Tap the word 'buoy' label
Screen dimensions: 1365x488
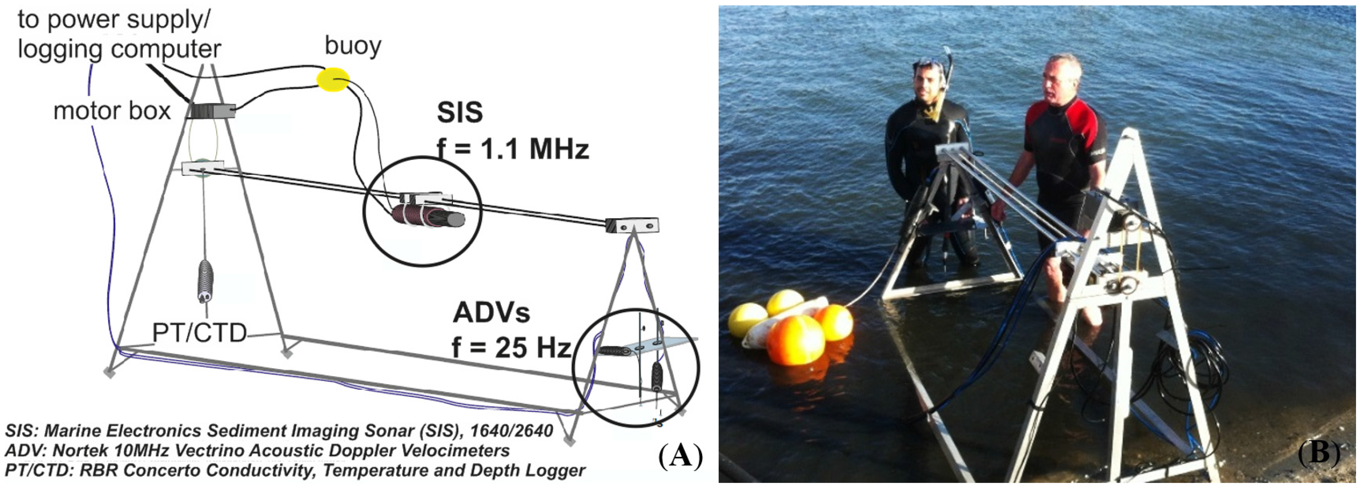point(353,46)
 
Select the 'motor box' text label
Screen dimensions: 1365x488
point(112,111)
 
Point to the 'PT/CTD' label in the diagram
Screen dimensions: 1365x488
point(199,333)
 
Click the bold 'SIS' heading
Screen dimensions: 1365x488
point(459,112)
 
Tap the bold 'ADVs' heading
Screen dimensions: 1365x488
point(491,313)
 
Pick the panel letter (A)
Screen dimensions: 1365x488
point(681,455)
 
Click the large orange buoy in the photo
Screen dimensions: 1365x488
point(795,340)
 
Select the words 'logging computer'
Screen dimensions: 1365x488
point(119,49)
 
